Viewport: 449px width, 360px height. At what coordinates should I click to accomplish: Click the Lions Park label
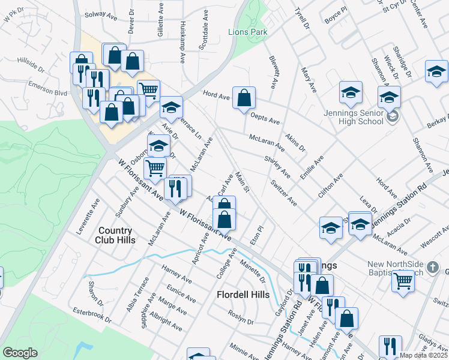[x=247, y=31]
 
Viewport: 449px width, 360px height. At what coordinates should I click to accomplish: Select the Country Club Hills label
[x=115, y=235]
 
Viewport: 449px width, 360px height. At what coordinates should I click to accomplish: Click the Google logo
[x=20, y=353]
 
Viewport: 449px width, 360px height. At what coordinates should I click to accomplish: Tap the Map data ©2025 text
[x=423, y=355]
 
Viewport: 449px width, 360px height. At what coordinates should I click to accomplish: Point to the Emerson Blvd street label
[x=47, y=92]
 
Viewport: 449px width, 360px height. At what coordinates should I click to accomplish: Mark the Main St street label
[x=242, y=182]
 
